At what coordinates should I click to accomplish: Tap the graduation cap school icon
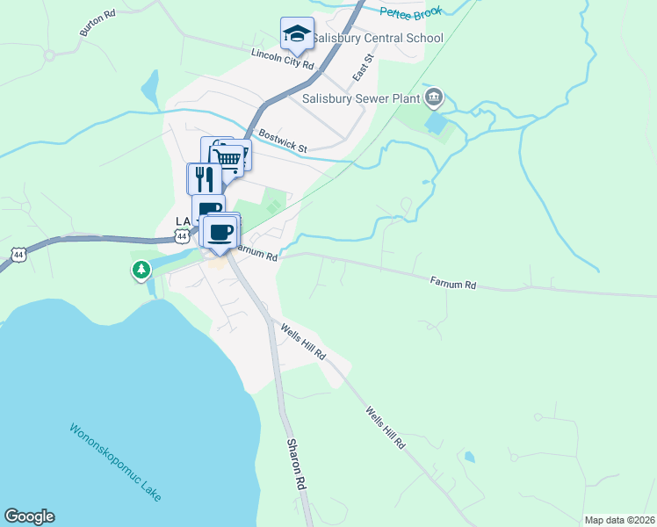(x=297, y=34)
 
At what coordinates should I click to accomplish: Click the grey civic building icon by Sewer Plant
(x=433, y=97)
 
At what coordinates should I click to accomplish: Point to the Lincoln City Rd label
(x=282, y=59)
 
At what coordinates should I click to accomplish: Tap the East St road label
(x=363, y=68)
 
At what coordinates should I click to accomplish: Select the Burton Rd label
(x=97, y=23)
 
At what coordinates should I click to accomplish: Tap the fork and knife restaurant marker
(x=204, y=178)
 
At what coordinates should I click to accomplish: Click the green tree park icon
(x=141, y=270)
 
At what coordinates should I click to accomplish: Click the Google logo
(x=29, y=516)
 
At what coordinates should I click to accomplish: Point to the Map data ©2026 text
(x=619, y=520)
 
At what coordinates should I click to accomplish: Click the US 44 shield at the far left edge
(x=18, y=255)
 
